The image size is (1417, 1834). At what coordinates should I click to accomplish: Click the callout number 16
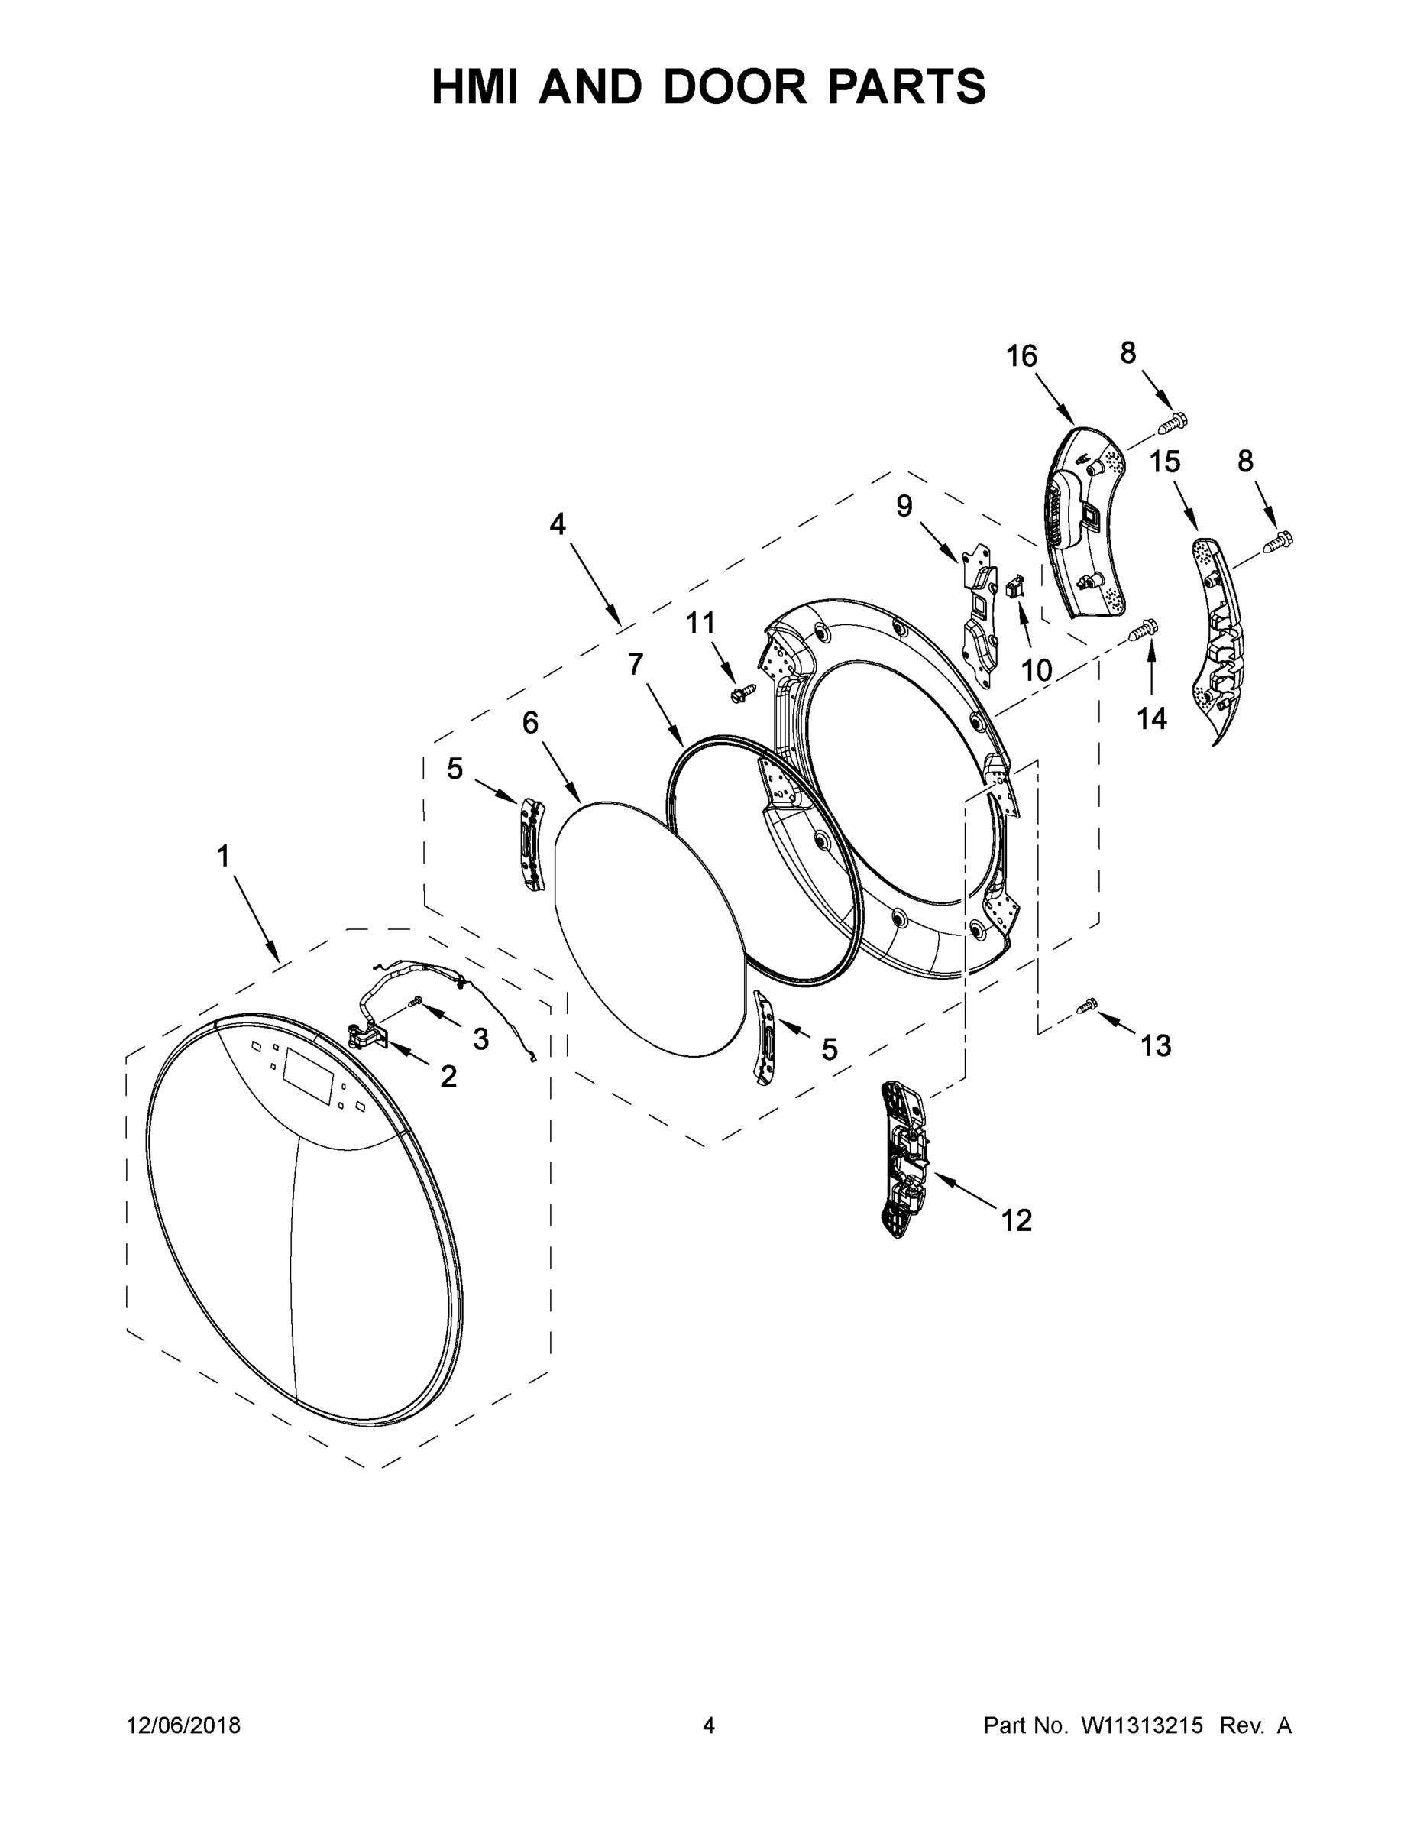pos(1021,357)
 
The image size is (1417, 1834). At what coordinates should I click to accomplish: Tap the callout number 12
pos(1016,1220)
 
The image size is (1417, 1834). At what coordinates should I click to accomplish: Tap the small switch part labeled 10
pos(1016,585)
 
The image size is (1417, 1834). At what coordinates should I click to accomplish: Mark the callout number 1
pos(222,857)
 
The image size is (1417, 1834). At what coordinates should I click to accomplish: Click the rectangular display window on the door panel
pos(306,1077)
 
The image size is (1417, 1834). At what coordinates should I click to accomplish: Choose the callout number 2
pos(448,1077)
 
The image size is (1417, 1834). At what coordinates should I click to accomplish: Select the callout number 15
pos(1164,461)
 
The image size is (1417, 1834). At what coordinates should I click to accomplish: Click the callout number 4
pos(558,524)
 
